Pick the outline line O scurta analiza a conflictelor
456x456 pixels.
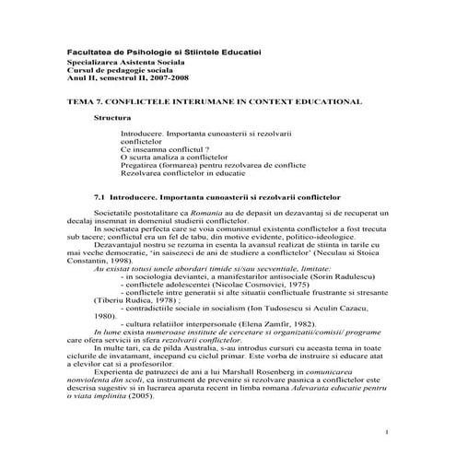click(173, 158)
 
